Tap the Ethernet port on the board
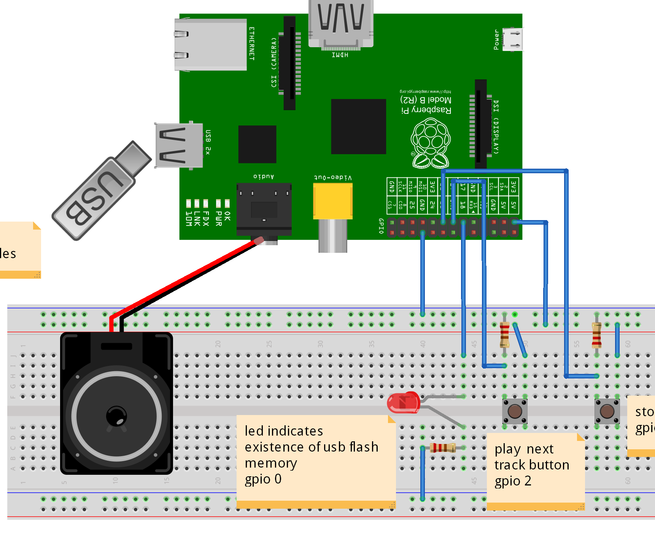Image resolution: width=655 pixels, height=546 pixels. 210,45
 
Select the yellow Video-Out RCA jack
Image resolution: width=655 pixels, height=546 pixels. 332,201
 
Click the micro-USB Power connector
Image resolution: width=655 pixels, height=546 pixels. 512,39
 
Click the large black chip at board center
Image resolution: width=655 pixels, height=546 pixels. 358,126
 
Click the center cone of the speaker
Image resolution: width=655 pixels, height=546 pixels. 116,416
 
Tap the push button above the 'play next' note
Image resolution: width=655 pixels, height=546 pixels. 515,411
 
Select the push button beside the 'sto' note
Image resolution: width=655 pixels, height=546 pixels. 607,411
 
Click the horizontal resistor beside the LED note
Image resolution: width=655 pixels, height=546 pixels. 442,448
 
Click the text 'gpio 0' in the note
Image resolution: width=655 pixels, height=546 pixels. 263,479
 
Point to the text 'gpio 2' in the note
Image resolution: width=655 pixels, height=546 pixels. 512,481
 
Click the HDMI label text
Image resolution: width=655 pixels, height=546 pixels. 340,55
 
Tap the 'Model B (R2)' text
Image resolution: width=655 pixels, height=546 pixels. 426,100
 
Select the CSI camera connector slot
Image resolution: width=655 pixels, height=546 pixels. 290,63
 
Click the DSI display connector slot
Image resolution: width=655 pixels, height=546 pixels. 481,124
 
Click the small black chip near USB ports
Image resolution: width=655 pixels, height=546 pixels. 257,144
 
